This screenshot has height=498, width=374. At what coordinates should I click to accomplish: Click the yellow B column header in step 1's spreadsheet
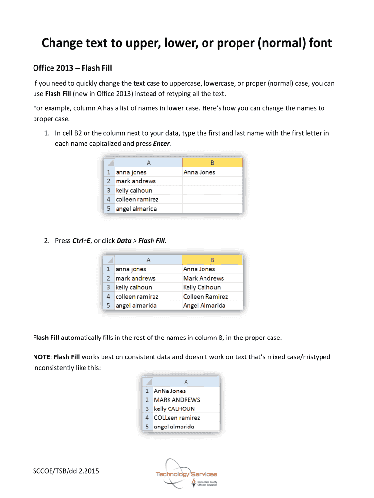tap(212, 163)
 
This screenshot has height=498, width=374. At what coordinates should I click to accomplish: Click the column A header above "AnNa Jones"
tap(185, 382)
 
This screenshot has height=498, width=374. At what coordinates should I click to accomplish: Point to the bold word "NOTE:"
tap(42, 357)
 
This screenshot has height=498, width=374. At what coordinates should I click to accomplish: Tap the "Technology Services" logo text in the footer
tap(186, 474)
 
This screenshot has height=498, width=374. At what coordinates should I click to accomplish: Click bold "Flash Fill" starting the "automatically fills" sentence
tap(46, 338)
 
